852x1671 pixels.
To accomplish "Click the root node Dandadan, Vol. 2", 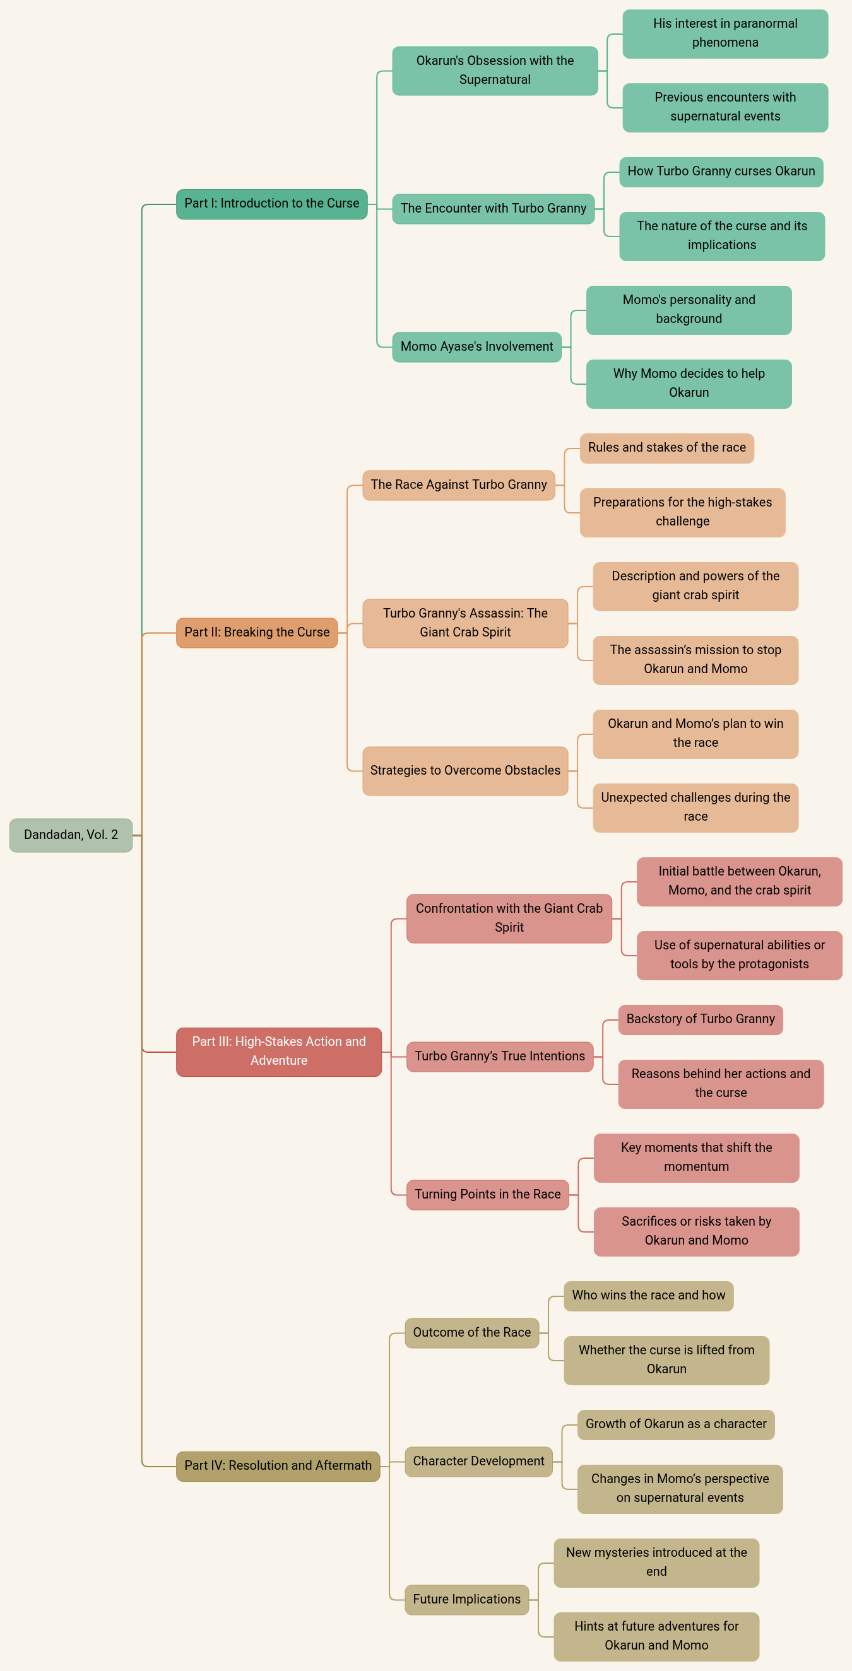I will coord(71,835).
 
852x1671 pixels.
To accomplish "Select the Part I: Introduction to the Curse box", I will coord(271,204).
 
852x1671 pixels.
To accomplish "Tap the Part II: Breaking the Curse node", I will coord(256,633).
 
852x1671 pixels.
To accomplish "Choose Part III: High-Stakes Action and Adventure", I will coord(278,1051).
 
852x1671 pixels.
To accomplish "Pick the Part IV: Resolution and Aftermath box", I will coord(278,1465).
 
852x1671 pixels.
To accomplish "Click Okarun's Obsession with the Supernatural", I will coord(494,70).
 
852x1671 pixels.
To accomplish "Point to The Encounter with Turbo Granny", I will coord(493,208).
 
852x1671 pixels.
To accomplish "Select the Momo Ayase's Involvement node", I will coord(476,346).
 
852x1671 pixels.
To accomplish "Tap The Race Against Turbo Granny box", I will coord(458,484).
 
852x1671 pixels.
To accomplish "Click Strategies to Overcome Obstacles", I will coord(464,770).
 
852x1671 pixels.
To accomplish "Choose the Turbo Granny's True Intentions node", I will coord(500,1056).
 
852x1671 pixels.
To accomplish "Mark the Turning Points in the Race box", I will coord(487,1194).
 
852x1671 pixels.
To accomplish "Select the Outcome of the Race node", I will coord(471,1332).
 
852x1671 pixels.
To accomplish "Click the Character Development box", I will coord(478,1461).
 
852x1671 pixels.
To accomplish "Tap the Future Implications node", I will coord(466,1599).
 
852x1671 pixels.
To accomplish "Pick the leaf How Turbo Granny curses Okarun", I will coord(721,171).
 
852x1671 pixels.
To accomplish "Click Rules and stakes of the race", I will coord(666,448).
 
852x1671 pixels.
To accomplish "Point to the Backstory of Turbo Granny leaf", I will coord(700,1019).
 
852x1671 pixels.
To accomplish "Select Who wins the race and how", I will coord(648,1296).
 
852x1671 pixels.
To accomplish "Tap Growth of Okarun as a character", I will coord(675,1424).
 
